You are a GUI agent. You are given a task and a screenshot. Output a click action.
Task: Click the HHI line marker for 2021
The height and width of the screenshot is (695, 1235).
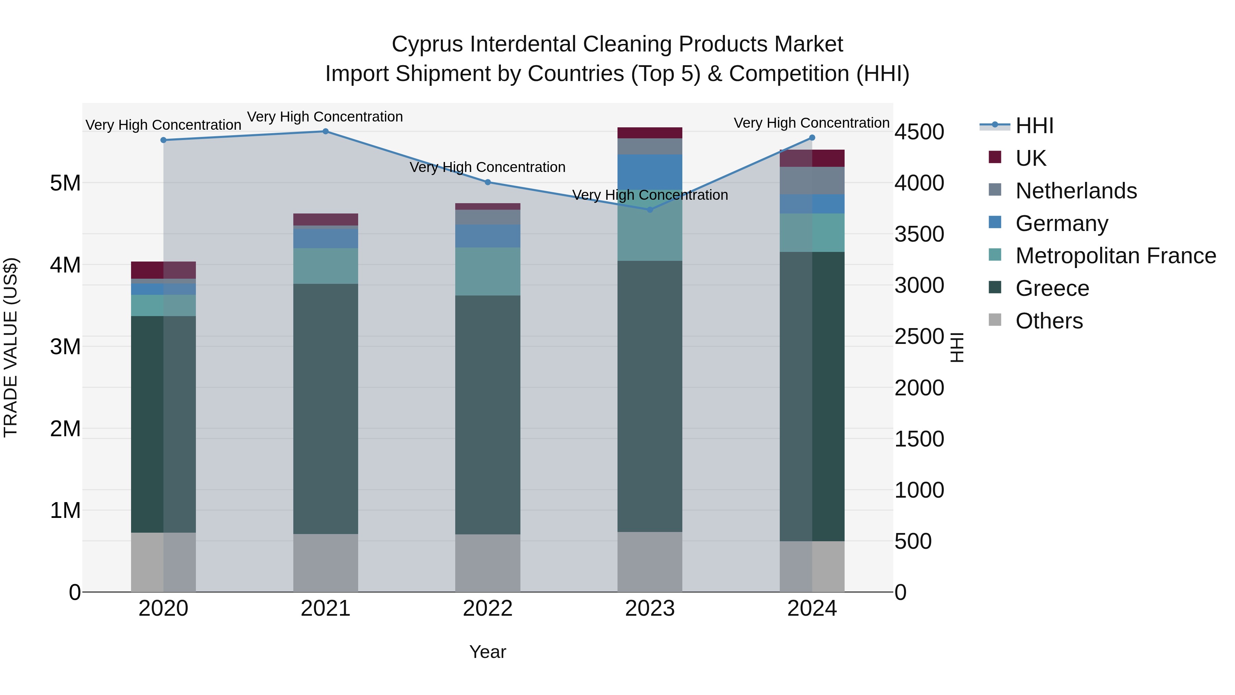(326, 131)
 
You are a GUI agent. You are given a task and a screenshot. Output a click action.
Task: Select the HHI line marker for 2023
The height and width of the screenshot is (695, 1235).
(650, 210)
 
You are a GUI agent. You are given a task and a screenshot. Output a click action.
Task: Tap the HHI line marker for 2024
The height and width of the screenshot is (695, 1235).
(812, 138)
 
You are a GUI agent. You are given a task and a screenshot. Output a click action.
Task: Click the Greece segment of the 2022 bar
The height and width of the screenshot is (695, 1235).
(487, 415)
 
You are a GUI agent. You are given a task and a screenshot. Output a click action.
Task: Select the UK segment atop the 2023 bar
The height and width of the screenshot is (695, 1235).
(650, 133)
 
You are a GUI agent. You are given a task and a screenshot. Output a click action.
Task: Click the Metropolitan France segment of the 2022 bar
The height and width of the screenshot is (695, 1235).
(487, 271)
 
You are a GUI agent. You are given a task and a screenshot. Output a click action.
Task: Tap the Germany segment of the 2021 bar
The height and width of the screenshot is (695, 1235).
(326, 239)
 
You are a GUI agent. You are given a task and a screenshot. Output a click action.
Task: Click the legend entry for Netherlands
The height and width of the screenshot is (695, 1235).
(1076, 191)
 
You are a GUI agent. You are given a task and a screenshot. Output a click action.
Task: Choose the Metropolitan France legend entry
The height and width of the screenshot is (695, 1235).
(1115, 256)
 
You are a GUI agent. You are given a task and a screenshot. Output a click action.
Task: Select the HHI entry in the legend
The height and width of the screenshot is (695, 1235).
(1034, 126)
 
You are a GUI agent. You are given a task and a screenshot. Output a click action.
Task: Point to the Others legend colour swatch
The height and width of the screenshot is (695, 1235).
(995, 320)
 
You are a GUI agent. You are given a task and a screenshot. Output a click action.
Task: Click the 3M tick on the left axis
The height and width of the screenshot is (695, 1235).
(65, 347)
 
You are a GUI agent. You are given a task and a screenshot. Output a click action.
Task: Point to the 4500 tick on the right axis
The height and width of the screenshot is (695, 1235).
(919, 132)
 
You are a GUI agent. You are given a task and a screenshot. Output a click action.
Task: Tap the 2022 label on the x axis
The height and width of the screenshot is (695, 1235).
(487, 609)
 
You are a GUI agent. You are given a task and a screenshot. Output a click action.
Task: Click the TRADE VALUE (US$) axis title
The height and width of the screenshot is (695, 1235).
(11, 347)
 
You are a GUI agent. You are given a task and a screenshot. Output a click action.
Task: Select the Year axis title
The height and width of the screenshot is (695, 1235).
(487, 652)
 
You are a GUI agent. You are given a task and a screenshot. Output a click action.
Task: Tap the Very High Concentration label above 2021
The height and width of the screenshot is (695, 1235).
(325, 117)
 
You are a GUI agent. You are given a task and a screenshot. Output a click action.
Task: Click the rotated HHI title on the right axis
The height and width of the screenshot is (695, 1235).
(957, 347)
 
